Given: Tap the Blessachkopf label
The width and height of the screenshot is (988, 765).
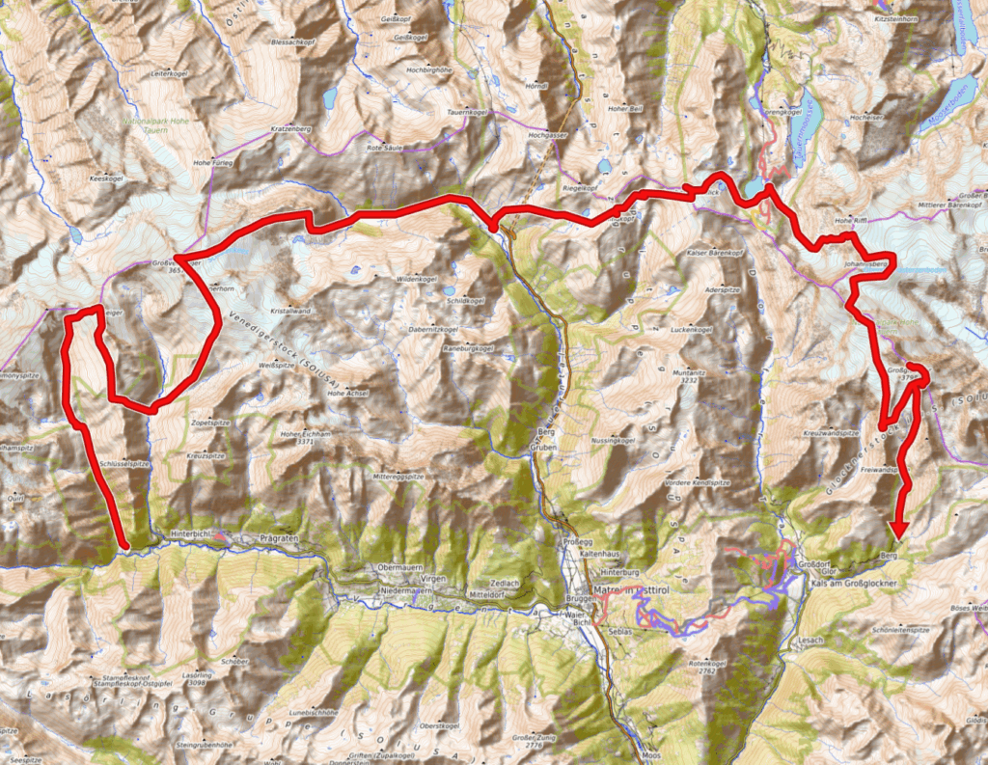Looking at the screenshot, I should tap(293, 42).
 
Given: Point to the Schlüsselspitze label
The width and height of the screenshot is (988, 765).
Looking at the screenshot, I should tap(124, 464).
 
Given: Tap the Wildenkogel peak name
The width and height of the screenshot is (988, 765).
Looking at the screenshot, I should tap(418, 278).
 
